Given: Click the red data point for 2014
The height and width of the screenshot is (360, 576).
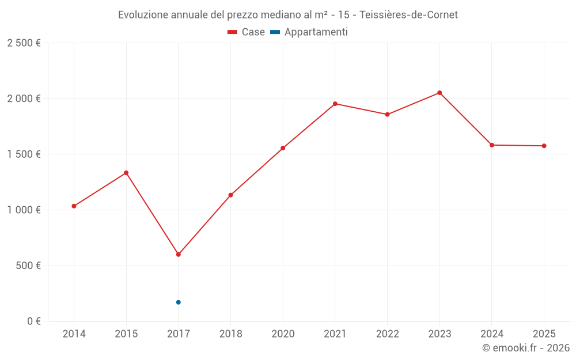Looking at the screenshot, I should pos(74,206).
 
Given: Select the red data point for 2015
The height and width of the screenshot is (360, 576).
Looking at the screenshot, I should pos(126,173).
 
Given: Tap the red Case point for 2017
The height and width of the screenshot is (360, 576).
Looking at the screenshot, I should pos(179,255).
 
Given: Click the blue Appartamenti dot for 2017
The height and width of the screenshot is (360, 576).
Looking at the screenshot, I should pos(179,302).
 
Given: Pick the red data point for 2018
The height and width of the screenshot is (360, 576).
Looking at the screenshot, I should pos(230,195).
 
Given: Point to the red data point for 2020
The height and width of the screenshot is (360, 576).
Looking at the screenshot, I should pos(283,148).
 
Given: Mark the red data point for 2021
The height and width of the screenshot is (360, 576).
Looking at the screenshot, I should pos(335,104).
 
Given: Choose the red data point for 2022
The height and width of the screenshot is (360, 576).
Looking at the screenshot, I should pos(387,115).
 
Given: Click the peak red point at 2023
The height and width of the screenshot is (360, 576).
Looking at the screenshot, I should pos(439,93).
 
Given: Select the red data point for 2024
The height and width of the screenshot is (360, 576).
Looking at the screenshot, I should pos(492,145).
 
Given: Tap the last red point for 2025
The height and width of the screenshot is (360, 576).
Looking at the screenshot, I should pos(544,146).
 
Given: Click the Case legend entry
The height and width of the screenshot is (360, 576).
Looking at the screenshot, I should pos(246,32).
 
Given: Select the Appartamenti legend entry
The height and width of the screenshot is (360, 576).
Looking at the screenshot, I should pos(309,32).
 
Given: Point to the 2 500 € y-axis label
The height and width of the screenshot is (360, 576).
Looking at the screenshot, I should pos(24,43).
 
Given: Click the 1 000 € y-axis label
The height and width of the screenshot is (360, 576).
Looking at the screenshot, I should pos(24,210).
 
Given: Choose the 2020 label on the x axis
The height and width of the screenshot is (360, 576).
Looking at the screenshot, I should pos(283,334).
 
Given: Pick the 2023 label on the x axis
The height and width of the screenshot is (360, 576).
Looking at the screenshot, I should pos(439,334).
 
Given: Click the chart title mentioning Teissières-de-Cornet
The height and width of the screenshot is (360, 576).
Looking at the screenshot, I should pos(288,15).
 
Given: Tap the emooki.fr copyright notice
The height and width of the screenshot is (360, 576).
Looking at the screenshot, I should pos(526,348).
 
